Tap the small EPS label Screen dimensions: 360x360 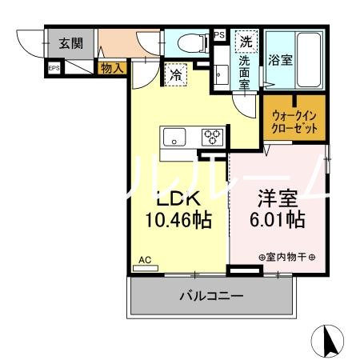pos(54,69)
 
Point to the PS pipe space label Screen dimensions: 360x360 pos(219,35)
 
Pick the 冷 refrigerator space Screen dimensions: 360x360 pos(176,75)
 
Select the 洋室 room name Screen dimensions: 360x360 pos(276,197)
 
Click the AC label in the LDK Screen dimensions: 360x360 pos(145,260)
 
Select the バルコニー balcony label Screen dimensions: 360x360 pos(210,297)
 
